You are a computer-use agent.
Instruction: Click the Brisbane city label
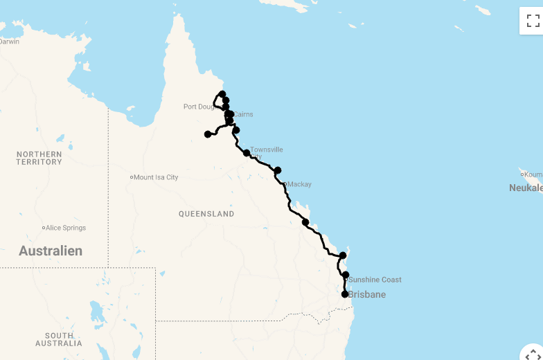tap(367, 295)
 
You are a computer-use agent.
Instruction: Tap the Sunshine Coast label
tap(375, 280)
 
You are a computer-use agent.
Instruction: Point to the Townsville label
tap(267, 150)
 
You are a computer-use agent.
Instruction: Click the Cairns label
tap(243, 115)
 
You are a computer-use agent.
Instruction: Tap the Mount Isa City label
tap(156, 177)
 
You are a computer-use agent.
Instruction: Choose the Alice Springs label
tap(66, 228)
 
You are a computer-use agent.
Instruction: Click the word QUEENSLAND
tap(206, 214)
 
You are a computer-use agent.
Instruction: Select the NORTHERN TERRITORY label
tap(39, 158)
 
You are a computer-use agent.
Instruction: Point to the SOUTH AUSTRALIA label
tap(59, 339)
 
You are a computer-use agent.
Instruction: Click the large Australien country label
tap(51, 251)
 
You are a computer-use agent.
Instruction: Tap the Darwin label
tap(9, 42)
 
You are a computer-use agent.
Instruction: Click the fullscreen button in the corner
tap(533, 21)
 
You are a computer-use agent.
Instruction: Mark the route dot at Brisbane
tap(345, 294)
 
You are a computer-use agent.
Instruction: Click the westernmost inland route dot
tap(208, 134)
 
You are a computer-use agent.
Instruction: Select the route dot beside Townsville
tap(247, 153)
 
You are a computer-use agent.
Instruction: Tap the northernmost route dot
tap(222, 94)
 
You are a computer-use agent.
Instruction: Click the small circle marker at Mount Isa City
tap(132, 177)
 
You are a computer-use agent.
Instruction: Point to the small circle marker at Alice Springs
tap(44, 228)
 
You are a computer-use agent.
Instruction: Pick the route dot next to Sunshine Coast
tap(346, 275)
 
